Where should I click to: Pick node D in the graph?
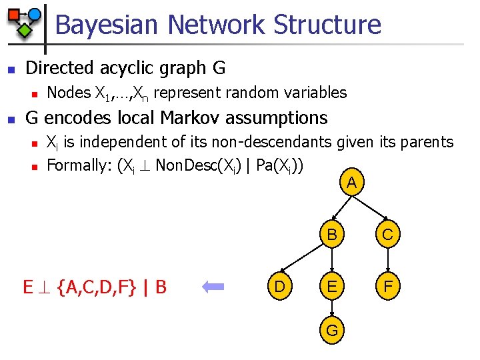tap(279, 288)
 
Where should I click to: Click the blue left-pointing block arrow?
tap(215, 287)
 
